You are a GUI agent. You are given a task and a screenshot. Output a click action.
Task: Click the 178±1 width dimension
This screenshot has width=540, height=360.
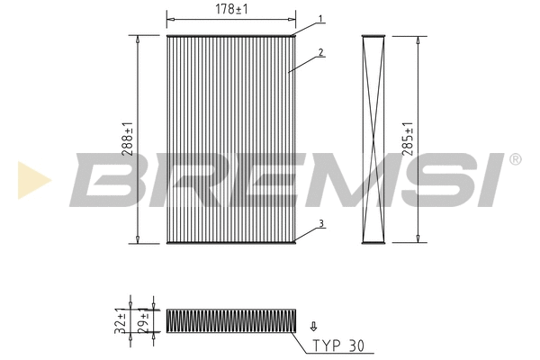(231, 9)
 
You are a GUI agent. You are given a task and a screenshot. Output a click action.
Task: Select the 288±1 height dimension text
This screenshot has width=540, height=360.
(128, 139)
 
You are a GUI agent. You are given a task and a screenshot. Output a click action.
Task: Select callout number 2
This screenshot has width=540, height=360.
(321, 53)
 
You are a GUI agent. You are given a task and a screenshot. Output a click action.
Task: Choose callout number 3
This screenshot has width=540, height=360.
(321, 224)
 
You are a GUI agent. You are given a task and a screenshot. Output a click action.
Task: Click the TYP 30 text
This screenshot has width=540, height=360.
(339, 346)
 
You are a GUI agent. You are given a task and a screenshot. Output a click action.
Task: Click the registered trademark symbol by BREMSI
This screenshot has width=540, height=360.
(515, 159)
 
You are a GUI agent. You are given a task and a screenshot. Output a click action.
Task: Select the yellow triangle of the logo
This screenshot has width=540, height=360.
(31, 179)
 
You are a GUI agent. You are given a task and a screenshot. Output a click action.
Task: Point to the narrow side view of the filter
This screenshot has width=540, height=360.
(373, 139)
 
